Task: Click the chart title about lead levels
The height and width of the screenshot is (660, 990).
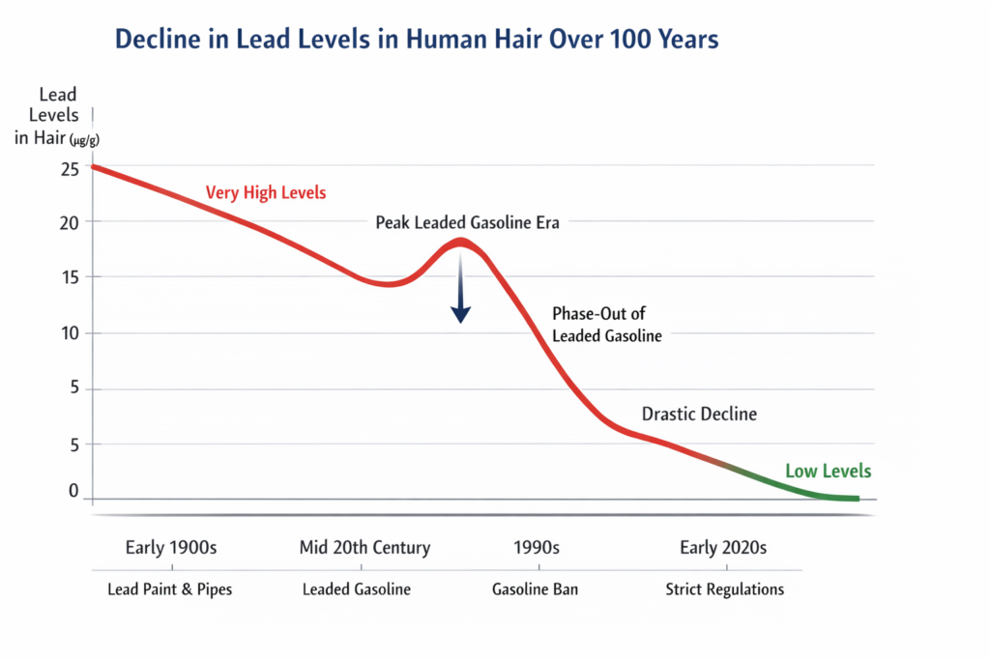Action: (417, 41)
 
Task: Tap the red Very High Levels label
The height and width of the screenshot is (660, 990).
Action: (266, 193)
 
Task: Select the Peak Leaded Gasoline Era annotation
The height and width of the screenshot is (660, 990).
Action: (467, 222)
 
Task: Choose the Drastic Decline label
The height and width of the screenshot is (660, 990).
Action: (699, 415)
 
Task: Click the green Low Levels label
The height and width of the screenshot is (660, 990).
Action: (828, 472)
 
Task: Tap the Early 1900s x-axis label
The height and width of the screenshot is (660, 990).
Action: (171, 548)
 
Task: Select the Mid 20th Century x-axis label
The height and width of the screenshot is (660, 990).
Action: (364, 548)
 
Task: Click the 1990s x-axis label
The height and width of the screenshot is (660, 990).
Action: (536, 548)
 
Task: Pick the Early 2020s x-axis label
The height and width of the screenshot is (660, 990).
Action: (723, 548)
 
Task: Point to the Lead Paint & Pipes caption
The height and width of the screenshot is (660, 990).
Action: (170, 589)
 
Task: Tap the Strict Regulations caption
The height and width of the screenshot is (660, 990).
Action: (724, 589)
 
